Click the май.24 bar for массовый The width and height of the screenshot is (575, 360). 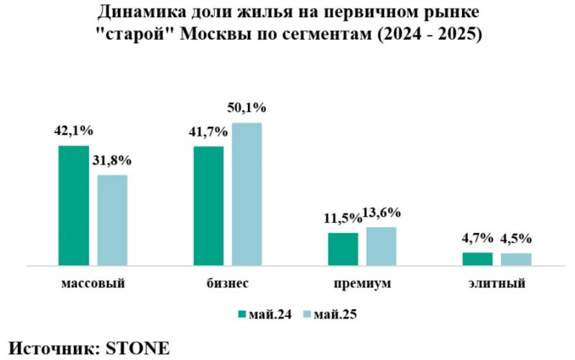[73, 206]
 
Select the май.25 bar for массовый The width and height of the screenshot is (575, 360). [112, 220]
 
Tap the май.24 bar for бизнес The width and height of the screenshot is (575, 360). [208, 206]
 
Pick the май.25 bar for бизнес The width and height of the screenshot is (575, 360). [247, 194]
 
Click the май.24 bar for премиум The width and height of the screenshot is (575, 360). [343, 249]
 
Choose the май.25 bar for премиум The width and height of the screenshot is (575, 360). [381, 246]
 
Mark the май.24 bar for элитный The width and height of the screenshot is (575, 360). [477, 259]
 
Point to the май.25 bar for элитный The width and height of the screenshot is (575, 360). [516, 259]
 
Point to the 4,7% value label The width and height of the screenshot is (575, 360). [477, 239]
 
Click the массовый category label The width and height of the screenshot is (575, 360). [93, 283]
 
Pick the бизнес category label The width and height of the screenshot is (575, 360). [228, 283]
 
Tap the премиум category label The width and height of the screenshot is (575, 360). [362, 283]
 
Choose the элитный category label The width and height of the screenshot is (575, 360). [496, 283]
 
